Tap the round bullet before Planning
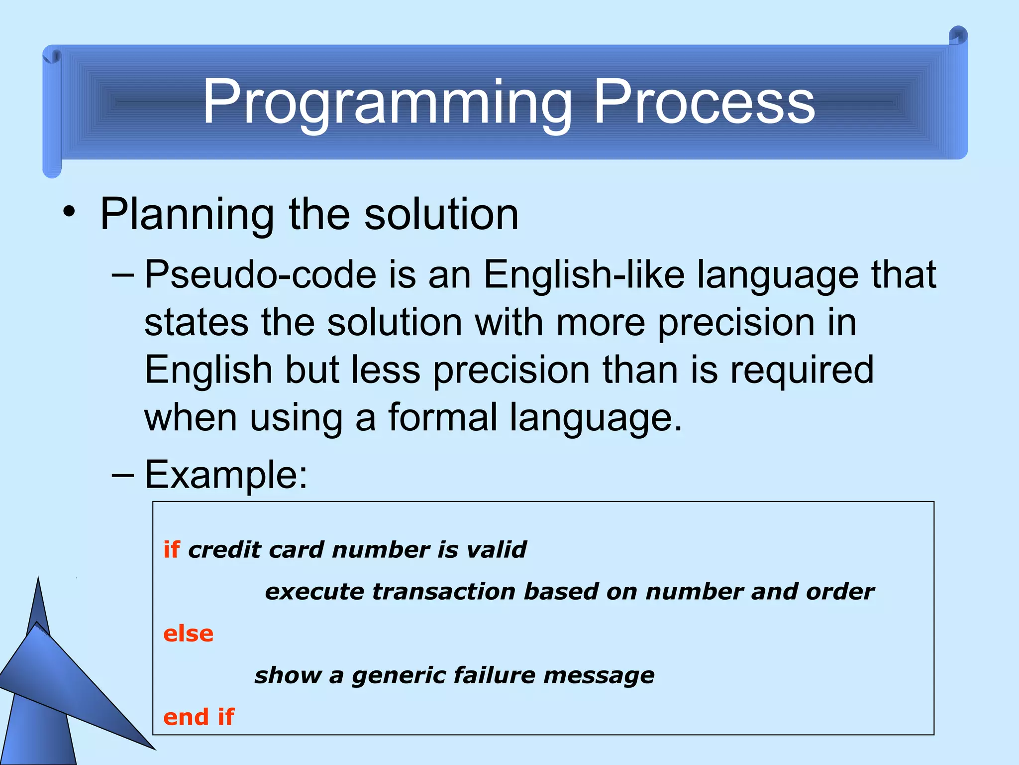[69, 213]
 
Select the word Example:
[226, 475]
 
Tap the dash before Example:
[122, 475]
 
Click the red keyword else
[188, 634]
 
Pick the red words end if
[199, 717]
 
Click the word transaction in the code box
[443, 592]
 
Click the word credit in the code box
[224, 550]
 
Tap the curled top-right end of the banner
[958, 37]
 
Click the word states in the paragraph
[196, 323]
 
